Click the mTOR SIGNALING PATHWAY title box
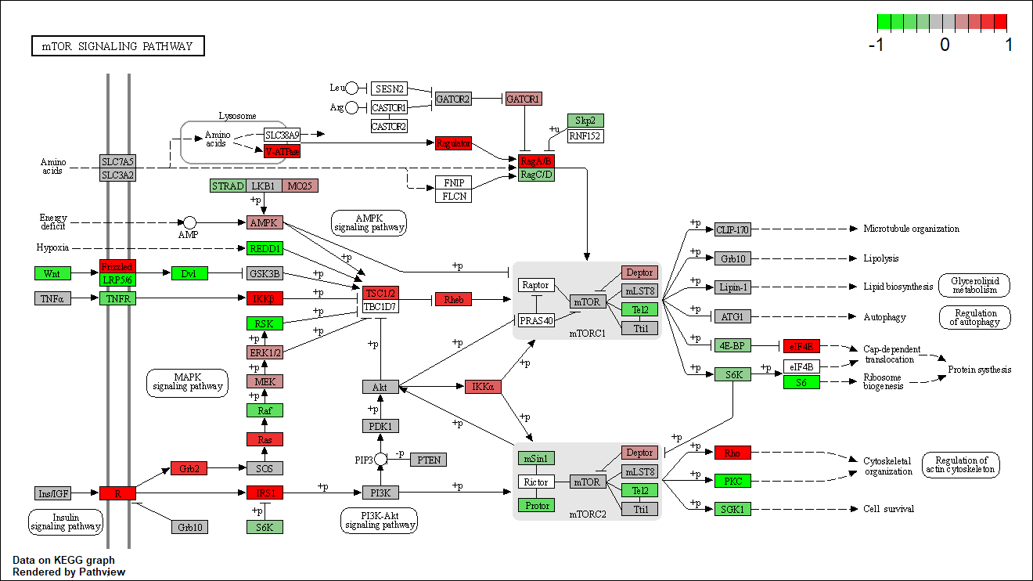tap(117, 46)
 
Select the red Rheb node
tap(453, 300)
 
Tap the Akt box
tap(380, 387)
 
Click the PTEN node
tap(428, 460)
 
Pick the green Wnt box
tap(52, 273)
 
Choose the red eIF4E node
tap(801, 346)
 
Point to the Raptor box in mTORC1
tap(536, 285)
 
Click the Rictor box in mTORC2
tap(536, 482)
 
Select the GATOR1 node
tap(524, 99)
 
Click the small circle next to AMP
tap(189, 223)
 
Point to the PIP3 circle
tap(380, 459)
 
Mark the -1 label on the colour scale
tap(876, 45)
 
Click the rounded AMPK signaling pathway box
tap(369, 222)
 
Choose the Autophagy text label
tap(884, 317)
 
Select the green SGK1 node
tap(732, 509)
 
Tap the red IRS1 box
tap(265, 493)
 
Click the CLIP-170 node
tap(732, 229)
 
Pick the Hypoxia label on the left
tap(53, 248)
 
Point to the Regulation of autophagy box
tap(974, 317)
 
